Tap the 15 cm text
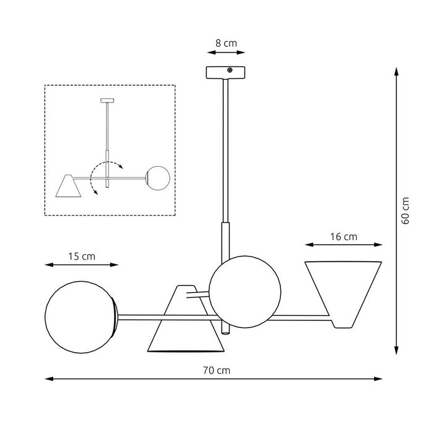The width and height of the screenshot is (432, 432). pos(82,256)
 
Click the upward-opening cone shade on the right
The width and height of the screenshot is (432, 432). pos(344,290)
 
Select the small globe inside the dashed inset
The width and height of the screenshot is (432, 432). pos(157,178)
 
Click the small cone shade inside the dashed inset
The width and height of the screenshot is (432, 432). pos(67,185)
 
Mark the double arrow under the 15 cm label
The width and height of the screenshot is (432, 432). pos(82,265)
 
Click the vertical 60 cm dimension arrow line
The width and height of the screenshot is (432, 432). pos(396,210)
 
